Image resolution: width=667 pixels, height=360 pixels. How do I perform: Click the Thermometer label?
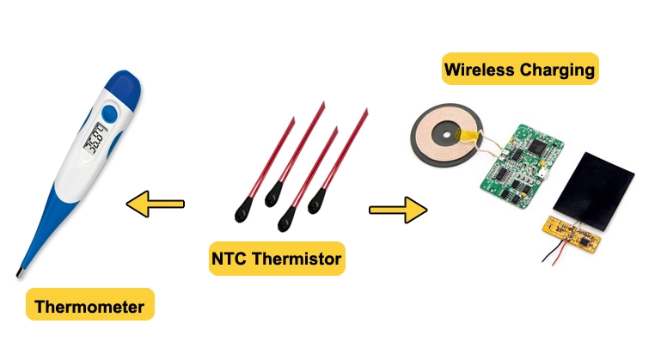(x=89, y=304)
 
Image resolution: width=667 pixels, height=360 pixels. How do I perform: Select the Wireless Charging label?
(x=519, y=70)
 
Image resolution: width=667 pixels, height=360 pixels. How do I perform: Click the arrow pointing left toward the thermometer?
(x=156, y=204)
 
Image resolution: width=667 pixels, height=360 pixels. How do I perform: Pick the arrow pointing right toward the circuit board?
(x=398, y=210)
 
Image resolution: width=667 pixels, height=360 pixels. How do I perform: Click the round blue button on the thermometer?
(x=109, y=113)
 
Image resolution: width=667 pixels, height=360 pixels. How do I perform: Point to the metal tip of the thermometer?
(x=20, y=274)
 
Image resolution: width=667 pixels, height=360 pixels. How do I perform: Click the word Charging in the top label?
(x=558, y=70)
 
